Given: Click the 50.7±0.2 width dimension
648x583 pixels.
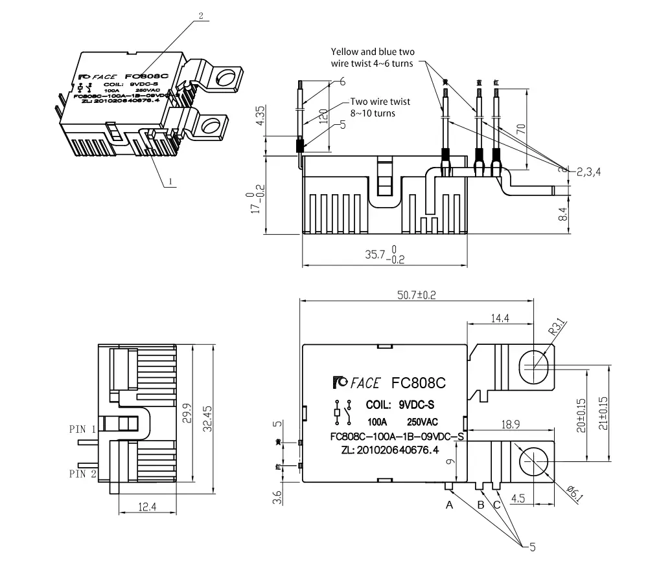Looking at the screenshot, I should coord(417,295).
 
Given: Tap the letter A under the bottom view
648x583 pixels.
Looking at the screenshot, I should coord(449,505).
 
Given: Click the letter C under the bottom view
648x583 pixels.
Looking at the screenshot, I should coord(497,505).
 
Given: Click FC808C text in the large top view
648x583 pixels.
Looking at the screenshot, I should coord(419,383).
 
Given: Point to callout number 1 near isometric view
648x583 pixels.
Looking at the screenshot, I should coord(170,182).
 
